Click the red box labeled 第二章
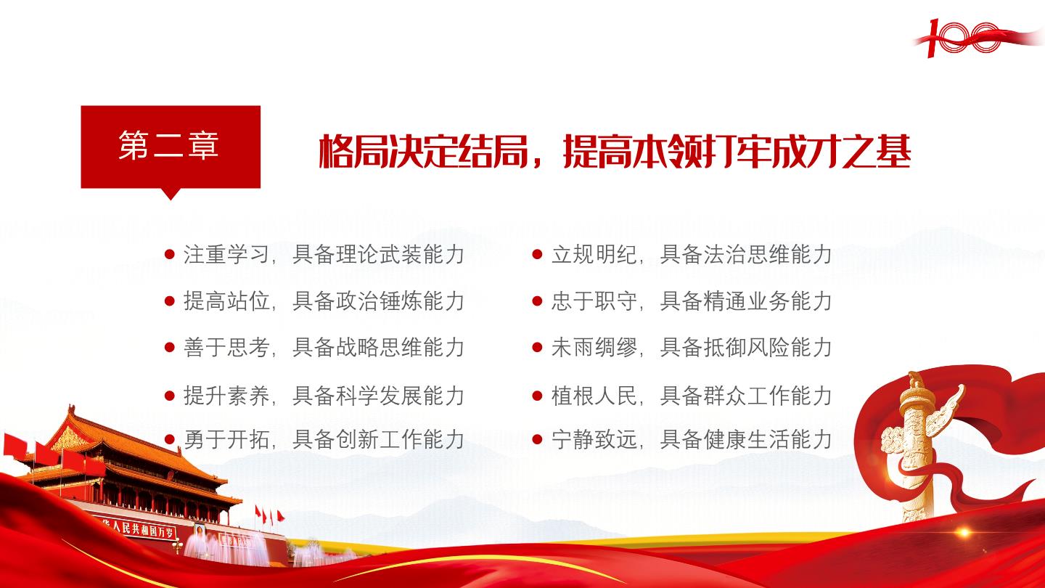click(x=171, y=147)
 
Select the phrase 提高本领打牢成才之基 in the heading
click(x=737, y=151)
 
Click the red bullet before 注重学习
click(x=170, y=255)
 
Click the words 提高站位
click(x=226, y=301)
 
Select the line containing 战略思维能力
click(x=314, y=348)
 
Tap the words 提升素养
click(x=226, y=396)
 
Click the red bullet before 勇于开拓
click(x=170, y=440)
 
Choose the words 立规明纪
click(x=594, y=255)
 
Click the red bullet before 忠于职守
click(x=538, y=301)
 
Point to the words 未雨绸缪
click(x=594, y=348)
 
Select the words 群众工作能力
click(x=768, y=396)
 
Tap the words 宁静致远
click(x=594, y=440)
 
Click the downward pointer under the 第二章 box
click(x=171, y=194)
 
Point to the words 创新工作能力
click(x=399, y=440)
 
